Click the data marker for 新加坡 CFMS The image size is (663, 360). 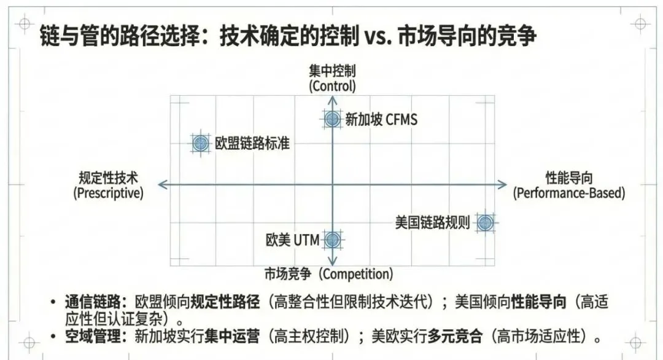(x=332, y=119)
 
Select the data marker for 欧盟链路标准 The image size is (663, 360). (x=200, y=144)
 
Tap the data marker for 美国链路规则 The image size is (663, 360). (x=485, y=223)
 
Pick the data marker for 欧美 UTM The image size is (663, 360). (x=332, y=240)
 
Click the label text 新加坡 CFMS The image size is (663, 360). (x=381, y=119)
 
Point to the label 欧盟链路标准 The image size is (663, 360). (x=252, y=144)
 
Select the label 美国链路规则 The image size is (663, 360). (x=433, y=222)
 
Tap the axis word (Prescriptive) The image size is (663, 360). (x=108, y=193)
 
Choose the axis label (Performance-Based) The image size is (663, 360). (x=569, y=193)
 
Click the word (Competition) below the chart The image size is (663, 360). (x=357, y=274)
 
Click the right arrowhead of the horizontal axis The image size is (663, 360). (x=503, y=184)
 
